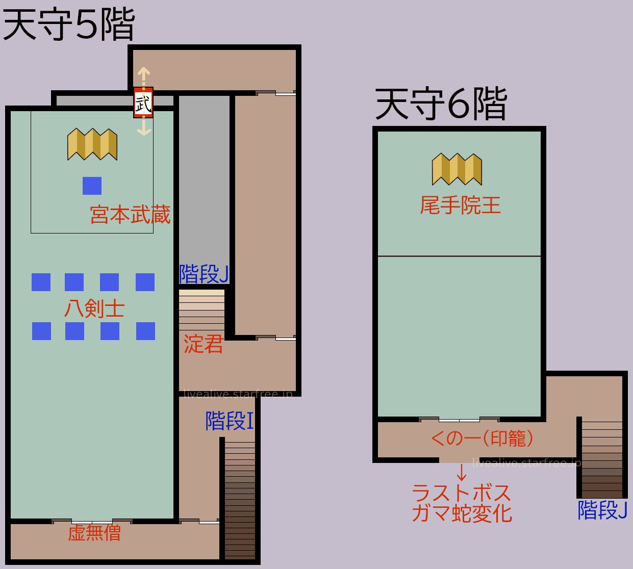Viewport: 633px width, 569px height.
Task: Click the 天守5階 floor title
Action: [x=68, y=24]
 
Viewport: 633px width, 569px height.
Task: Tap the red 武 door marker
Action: [x=143, y=103]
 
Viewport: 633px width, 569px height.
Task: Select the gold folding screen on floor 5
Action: [x=92, y=144]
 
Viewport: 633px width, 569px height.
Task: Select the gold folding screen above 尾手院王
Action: [x=457, y=169]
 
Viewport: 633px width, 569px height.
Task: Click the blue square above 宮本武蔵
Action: [x=92, y=186]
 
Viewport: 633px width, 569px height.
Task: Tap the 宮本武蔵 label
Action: [x=130, y=215]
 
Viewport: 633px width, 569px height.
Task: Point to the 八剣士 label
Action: [x=94, y=308]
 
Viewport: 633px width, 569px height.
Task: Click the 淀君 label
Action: [x=204, y=344]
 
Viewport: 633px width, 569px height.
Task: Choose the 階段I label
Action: [x=230, y=421]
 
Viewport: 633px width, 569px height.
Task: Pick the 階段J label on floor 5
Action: [x=204, y=274]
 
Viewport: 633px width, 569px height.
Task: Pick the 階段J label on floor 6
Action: [x=602, y=510]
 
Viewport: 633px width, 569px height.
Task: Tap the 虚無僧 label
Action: [x=94, y=533]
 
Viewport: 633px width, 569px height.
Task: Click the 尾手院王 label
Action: [x=460, y=205]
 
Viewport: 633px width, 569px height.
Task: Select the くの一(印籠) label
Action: [x=482, y=438]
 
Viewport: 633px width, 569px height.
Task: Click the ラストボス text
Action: [x=461, y=493]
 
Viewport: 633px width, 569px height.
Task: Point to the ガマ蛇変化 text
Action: [x=462, y=513]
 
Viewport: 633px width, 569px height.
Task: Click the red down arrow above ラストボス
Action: [x=462, y=473]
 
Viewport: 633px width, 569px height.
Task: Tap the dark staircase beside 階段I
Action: [x=240, y=500]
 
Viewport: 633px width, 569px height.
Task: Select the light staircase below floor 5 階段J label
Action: [x=201, y=309]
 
